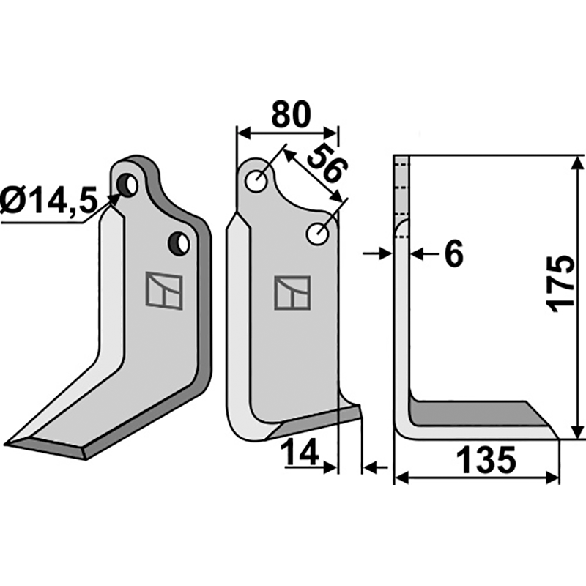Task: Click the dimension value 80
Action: [x=291, y=115]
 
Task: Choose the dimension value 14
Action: [x=301, y=453]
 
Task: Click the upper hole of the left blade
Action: [x=129, y=183]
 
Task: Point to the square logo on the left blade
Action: [x=162, y=291]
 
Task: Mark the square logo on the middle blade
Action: [x=292, y=293]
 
